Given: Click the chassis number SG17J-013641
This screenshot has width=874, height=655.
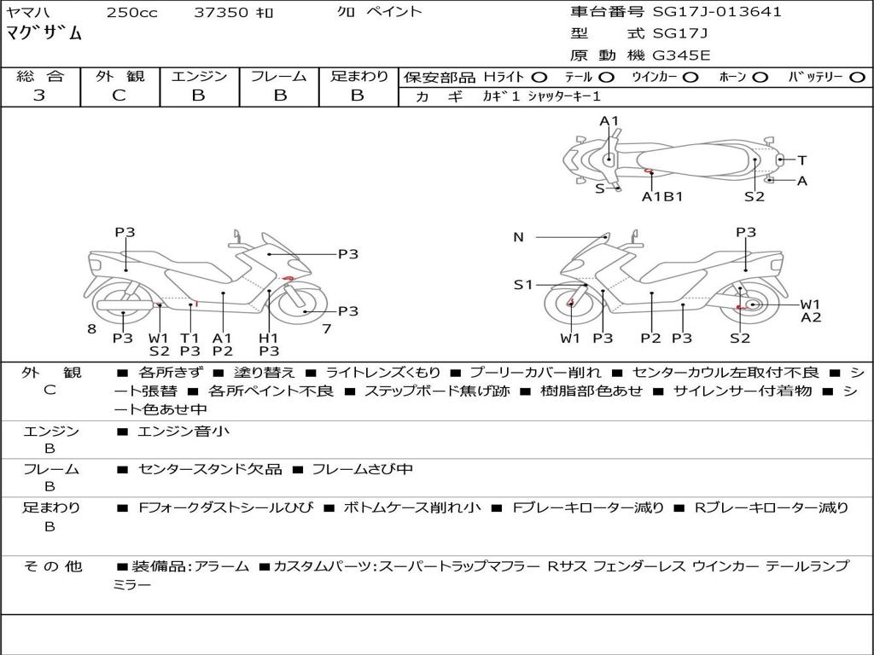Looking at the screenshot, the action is (717, 11).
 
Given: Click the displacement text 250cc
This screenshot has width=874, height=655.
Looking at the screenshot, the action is (132, 12).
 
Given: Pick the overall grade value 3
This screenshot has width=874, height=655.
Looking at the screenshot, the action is (39, 95).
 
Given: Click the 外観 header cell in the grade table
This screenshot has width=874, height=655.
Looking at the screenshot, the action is (119, 76).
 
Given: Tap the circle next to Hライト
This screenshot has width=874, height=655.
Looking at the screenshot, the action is (539, 78).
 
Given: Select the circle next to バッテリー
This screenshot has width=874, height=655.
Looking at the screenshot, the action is (857, 78).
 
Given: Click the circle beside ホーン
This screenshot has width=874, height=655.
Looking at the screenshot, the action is (760, 78).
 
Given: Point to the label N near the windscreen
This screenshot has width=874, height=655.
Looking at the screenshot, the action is (518, 237).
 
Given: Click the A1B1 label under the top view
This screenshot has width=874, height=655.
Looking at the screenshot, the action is (662, 197).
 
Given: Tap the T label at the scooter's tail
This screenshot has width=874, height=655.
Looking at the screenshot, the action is (802, 160).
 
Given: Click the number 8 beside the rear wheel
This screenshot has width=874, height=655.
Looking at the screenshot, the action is (92, 328).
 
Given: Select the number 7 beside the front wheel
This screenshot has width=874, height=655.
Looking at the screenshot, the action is (327, 328).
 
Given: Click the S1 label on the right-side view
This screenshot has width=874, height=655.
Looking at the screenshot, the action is (523, 285).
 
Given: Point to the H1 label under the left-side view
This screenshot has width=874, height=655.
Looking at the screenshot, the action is (269, 338).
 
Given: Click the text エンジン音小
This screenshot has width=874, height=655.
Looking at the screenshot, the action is (183, 431).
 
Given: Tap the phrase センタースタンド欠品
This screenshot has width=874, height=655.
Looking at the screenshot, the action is (210, 470).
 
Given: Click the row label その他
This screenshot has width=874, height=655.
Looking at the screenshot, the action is (53, 566).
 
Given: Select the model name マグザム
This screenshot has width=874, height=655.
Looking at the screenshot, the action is (44, 33).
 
